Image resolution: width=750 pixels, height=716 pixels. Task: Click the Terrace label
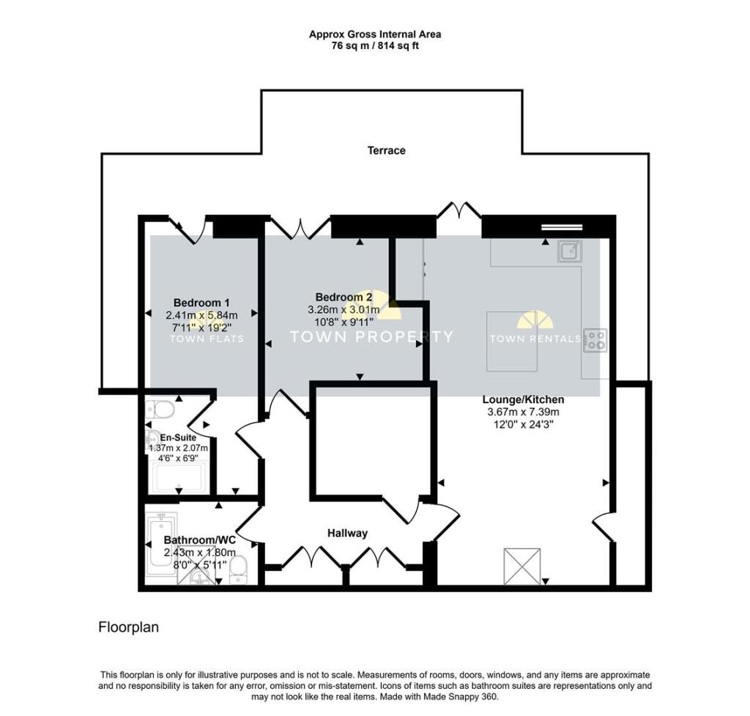tap(386, 150)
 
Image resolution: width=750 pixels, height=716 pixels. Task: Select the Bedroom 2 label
tap(344, 297)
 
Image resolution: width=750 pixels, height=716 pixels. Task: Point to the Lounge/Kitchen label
tap(523, 399)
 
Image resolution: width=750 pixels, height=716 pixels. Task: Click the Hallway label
tap(347, 533)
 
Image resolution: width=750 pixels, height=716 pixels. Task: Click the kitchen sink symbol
tap(569, 251)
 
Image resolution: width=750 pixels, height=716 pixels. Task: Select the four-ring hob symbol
tap(595, 339)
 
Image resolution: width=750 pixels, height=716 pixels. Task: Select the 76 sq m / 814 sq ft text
tap(374, 45)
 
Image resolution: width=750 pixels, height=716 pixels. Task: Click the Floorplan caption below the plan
tap(128, 627)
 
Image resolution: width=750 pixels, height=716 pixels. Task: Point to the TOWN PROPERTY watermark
tap(371, 337)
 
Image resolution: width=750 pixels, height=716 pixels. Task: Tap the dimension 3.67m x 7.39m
tap(523, 412)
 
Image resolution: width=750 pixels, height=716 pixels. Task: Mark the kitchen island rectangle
tap(513, 341)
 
